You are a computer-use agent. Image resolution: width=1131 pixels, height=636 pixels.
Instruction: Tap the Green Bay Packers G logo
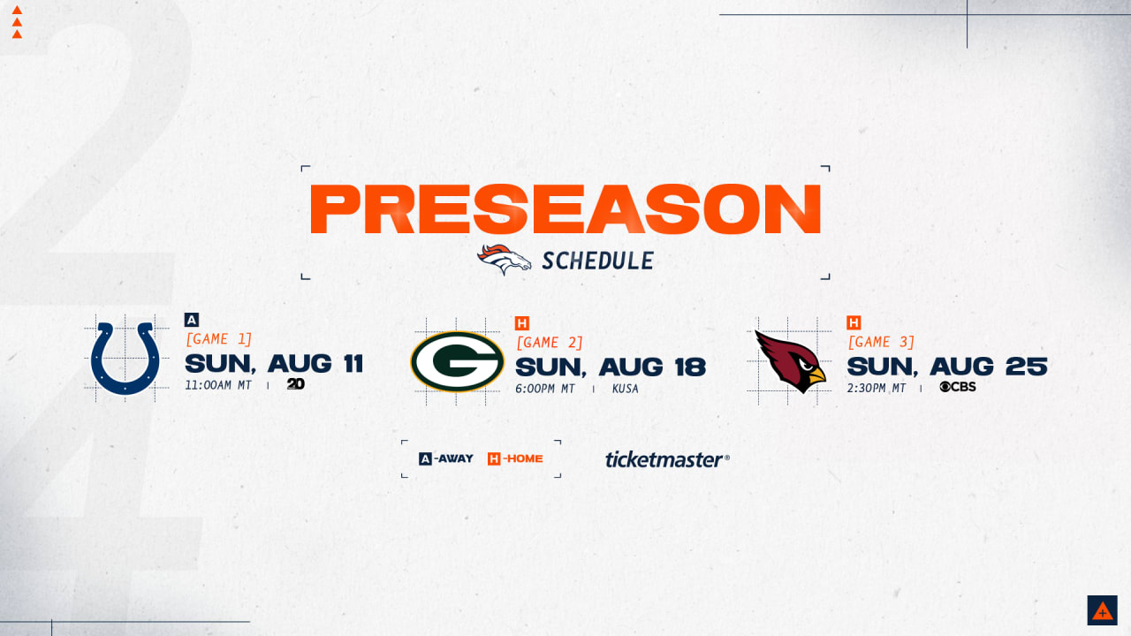[x=457, y=361]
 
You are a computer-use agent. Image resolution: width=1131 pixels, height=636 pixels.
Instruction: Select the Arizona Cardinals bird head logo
[x=790, y=361]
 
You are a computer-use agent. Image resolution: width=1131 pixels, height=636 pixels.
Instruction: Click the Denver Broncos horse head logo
[x=504, y=259]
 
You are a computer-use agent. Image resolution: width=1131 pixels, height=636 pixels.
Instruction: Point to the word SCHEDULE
[x=598, y=261]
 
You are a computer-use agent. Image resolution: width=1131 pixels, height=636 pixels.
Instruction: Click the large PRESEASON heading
[x=565, y=209]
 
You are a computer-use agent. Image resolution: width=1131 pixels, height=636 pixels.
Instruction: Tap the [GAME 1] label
[x=218, y=339]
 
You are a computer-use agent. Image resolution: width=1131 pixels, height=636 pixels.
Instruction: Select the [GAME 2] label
[x=550, y=343]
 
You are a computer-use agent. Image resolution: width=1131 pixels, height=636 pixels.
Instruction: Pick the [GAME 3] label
[x=881, y=342]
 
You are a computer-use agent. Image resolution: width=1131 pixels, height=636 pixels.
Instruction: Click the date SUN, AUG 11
[x=274, y=363]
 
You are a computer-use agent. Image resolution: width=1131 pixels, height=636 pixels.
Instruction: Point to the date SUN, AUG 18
[x=611, y=367]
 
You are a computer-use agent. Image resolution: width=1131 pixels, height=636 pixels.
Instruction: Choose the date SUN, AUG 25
[x=947, y=366]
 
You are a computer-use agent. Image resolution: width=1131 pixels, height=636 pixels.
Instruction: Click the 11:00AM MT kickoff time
[x=218, y=385]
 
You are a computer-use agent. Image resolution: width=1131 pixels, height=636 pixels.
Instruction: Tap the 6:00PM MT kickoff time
[x=545, y=389]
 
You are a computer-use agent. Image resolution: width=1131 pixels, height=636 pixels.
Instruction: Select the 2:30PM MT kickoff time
[x=877, y=388]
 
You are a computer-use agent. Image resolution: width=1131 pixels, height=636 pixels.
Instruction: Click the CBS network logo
[x=958, y=387]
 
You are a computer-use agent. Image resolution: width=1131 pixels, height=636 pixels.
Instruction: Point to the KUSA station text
[x=625, y=389]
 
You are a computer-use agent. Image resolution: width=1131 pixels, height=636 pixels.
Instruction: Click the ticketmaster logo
[x=667, y=459]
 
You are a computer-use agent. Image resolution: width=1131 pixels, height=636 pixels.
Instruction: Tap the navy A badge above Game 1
[x=192, y=320]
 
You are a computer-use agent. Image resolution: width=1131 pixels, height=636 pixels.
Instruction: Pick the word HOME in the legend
[x=525, y=458]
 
